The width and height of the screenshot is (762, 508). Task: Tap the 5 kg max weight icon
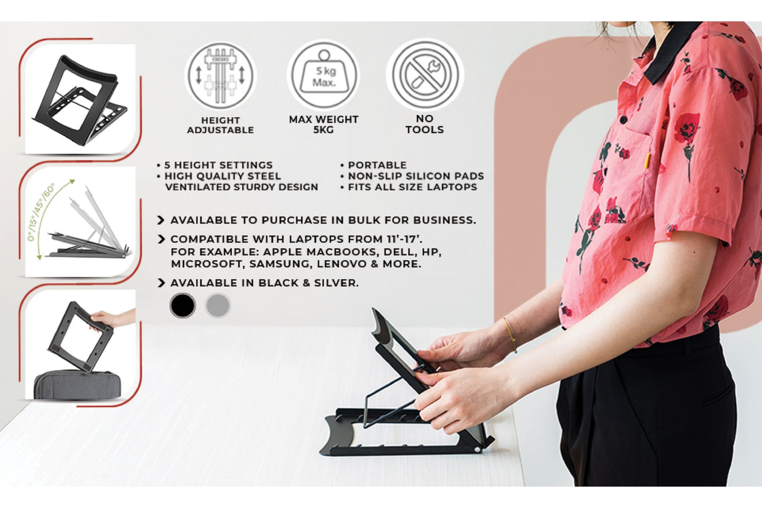click(323, 75)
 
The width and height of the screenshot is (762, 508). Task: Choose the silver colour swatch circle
click(218, 305)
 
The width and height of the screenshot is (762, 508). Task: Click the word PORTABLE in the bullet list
click(377, 165)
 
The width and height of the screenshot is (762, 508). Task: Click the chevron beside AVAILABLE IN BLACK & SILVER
click(161, 283)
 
